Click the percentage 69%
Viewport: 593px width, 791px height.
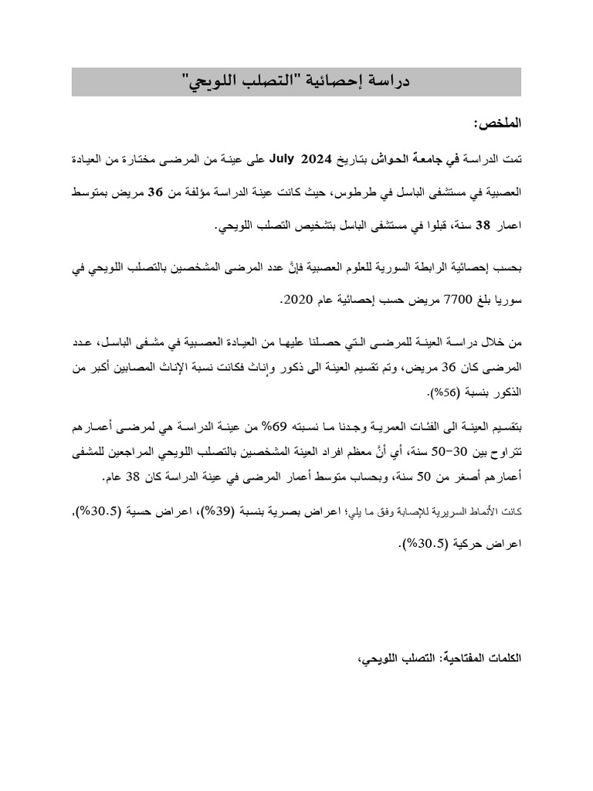(295, 426)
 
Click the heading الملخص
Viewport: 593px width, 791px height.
(498, 123)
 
